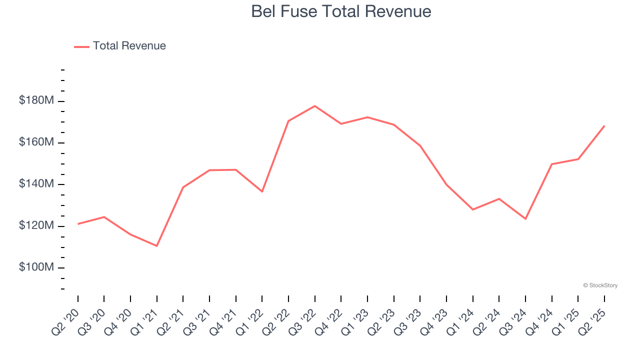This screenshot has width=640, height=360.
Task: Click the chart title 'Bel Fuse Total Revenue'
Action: tap(341, 11)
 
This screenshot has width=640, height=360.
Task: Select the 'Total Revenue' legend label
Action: tap(129, 46)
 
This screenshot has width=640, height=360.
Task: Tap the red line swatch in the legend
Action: tap(81, 46)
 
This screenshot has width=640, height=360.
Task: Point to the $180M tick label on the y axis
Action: tap(36, 101)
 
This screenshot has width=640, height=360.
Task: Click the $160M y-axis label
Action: tap(36, 142)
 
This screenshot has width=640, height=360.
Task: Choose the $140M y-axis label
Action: tap(36, 184)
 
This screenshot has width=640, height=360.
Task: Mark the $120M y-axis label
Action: tap(36, 226)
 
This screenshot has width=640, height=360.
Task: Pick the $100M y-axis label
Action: tap(36, 267)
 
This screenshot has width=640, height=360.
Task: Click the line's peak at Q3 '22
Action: tap(314, 106)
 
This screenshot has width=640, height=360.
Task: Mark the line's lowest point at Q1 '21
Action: tap(157, 246)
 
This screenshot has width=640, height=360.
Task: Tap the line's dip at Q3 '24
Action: tap(525, 218)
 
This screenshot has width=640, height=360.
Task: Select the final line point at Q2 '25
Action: tap(604, 126)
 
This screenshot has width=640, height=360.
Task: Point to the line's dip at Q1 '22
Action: tap(262, 191)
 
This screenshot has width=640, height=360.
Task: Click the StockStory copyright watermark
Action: tap(600, 285)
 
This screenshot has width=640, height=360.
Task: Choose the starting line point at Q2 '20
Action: tap(78, 223)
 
